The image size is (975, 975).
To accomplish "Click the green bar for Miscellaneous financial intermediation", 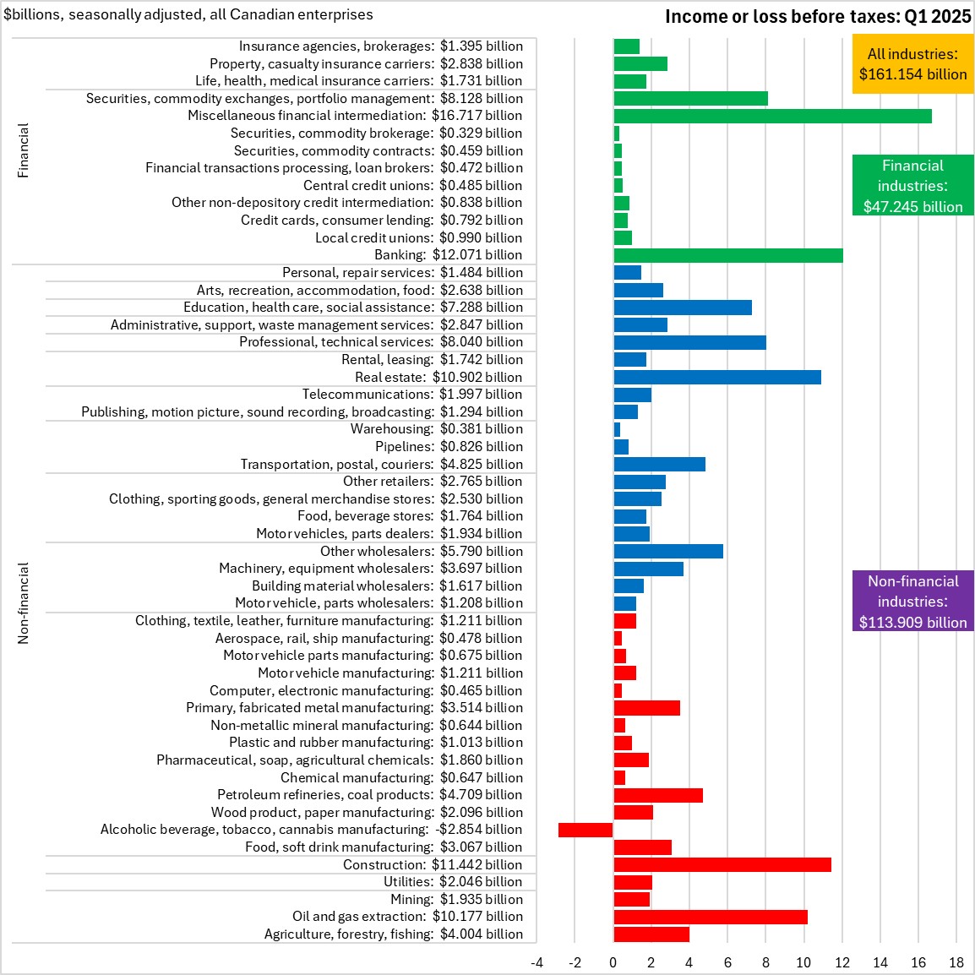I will click(772, 116).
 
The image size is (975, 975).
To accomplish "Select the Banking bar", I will click(727, 255).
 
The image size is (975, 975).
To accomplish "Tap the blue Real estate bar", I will click(716, 377).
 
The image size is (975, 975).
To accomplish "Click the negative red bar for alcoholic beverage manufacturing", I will click(586, 830).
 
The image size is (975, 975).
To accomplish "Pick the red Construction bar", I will click(722, 864).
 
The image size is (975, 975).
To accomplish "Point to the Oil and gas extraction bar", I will click(710, 917).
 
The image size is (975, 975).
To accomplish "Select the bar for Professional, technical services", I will click(689, 342).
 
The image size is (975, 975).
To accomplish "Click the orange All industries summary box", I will click(912, 63).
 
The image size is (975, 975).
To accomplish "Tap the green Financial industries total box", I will click(912, 186).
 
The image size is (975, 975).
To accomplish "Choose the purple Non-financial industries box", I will click(912, 602).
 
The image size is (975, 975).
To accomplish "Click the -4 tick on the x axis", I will click(537, 962).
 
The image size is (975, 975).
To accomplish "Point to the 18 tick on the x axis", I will click(956, 962).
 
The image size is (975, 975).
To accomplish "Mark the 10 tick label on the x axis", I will click(803, 962).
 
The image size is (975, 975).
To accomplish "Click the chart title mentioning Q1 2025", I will click(817, 16).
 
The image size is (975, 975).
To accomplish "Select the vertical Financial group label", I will click(24, 150).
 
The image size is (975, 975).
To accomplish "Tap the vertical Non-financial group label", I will click(24, 603).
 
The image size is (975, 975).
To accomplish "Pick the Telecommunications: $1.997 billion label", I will click(412, 395).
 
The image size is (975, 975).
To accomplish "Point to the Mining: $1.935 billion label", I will click(456, 899).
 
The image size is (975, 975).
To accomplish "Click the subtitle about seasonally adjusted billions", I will click(188, 14).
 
